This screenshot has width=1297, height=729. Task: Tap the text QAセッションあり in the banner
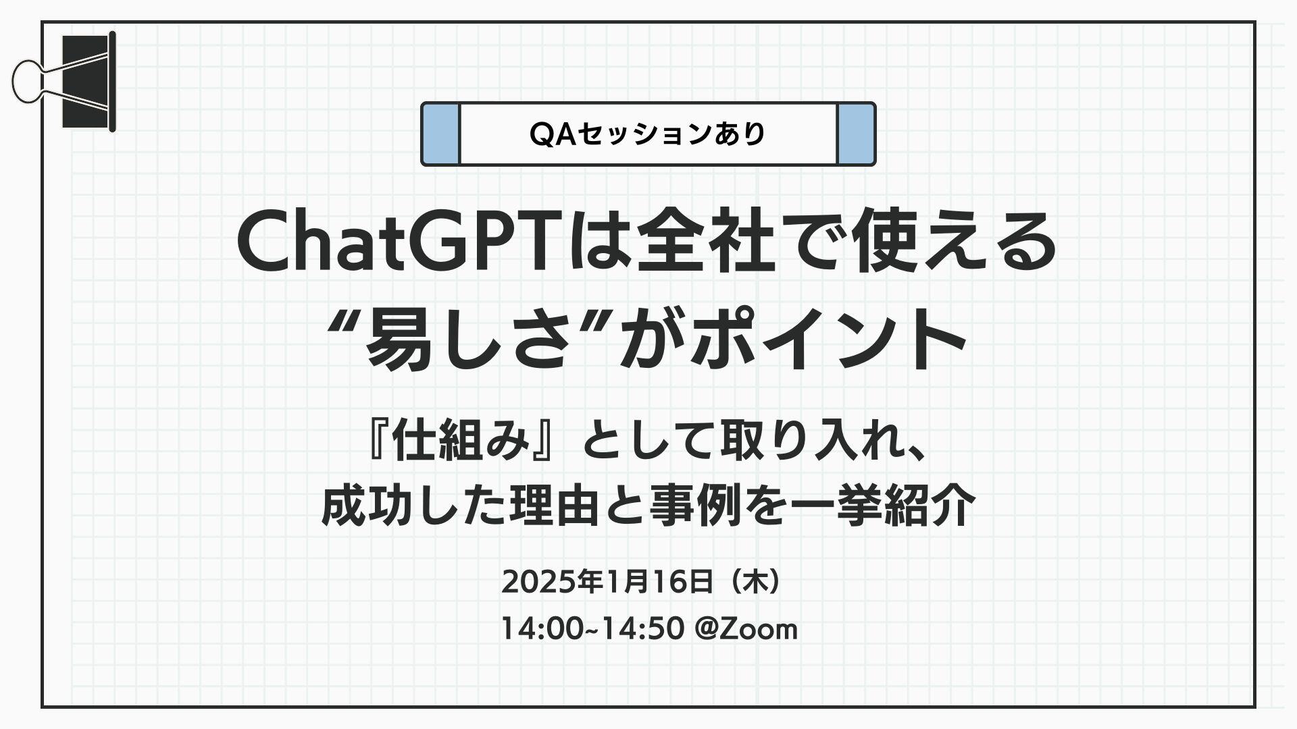click(648, 134)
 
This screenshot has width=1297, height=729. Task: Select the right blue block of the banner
click(856, 134)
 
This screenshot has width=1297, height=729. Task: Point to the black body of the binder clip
click(86, 81)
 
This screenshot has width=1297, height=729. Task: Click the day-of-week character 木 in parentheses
click(755, 581)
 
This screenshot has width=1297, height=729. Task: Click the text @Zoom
click(746, 628)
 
